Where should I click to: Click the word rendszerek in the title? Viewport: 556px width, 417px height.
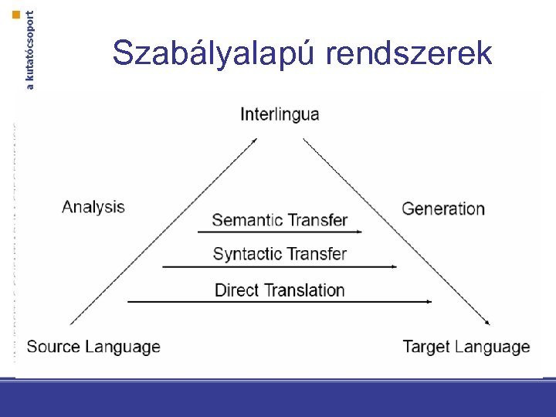point(409,53)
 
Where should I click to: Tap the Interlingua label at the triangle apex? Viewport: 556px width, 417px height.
point(280,114)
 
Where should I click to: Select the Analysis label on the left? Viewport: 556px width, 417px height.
point(93,206)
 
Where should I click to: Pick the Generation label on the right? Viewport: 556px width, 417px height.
point(443,208)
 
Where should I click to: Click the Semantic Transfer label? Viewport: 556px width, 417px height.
point(280,220)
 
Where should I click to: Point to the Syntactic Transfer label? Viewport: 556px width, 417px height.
point(280,254)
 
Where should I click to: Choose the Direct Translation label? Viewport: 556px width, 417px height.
point(280,290)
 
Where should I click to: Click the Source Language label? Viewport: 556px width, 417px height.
point(93,347)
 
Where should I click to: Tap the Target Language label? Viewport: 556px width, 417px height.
point(466,347)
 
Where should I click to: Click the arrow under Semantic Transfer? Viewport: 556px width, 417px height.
point(280,231)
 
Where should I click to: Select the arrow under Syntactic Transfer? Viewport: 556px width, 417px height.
point(280,266)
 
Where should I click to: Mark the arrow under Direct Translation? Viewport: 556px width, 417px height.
point(280,301)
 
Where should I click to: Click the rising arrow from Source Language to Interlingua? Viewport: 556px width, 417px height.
point(162,232)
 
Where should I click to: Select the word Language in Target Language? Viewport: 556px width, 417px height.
point(493,347)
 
